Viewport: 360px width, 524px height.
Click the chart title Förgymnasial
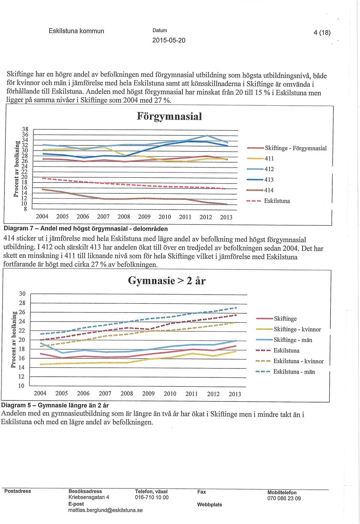169,117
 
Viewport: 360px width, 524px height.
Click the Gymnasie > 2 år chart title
166,280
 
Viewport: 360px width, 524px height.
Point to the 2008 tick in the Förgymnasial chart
124,217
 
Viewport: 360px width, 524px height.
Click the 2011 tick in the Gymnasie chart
192,394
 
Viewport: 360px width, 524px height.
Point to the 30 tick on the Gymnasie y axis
22,293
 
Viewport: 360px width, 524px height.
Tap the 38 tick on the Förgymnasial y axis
25,129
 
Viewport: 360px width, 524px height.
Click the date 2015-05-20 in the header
169,40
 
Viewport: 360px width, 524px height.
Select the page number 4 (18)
322,33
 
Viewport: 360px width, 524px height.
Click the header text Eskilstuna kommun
76,31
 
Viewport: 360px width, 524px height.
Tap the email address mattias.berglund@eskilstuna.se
105,510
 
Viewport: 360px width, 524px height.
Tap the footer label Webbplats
210,505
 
